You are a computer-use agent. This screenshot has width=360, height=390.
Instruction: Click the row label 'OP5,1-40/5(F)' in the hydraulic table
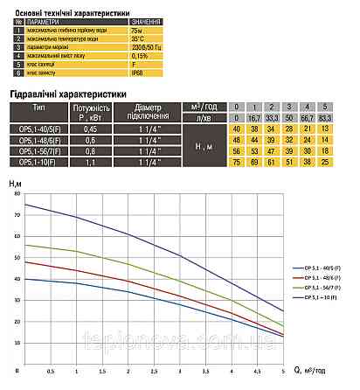(x=42, y=129)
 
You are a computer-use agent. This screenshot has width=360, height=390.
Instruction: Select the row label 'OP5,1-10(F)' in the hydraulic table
(x=42, y=162)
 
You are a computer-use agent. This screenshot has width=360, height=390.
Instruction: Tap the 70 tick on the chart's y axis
(x=16, y=213)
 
